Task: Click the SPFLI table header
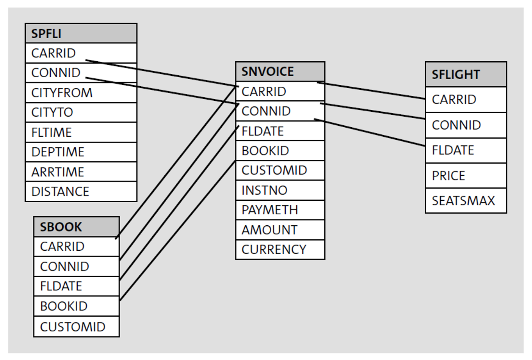(81, 34)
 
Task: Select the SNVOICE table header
(280, 71)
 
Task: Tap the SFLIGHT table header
(466, 74)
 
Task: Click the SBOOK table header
(76, 227)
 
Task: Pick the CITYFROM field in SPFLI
(81, 93)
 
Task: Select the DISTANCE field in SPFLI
(81, 191)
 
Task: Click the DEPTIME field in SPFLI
(81, 152)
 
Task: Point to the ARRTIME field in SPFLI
(81, 172)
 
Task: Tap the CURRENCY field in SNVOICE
(280, 250)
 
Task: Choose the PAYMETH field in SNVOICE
(280, 210)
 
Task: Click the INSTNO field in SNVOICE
(280, 190)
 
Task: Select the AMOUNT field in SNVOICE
(280, 230)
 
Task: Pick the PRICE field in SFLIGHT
(466, 176)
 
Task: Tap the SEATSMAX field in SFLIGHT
(466, 201)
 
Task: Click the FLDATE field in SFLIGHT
(466, 150)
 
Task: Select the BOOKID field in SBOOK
(76, 306)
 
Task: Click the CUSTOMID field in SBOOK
(76, 327)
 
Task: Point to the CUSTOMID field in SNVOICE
(280, 170)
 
